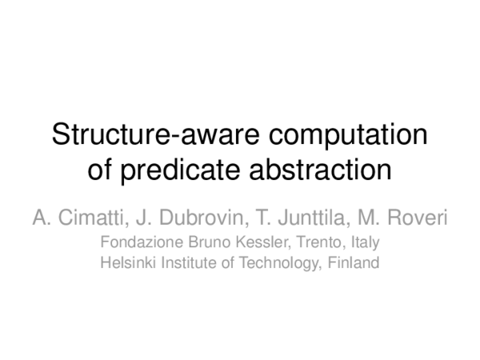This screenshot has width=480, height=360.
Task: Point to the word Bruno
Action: (x=198, y=241)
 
